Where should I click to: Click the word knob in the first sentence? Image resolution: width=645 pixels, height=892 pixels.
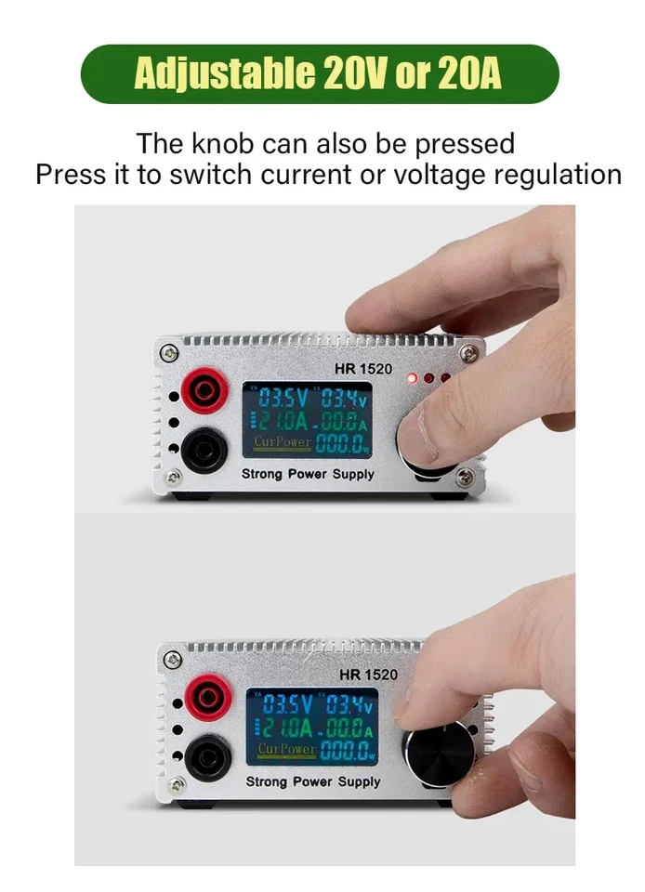pos(225,144)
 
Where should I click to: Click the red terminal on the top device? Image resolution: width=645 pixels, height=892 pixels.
pos(203,392)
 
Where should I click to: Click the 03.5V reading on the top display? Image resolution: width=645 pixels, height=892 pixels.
pos(283,400)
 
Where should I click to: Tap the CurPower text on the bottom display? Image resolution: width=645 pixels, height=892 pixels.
pos(286,748)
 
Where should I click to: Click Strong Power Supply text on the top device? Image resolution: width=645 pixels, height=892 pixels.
pos(308,474)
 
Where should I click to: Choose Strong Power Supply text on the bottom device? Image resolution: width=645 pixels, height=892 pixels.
pos(312,781)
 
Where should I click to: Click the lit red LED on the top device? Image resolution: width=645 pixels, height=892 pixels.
pos(413,378)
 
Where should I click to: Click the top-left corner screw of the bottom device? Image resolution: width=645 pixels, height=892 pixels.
pos(172,658)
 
